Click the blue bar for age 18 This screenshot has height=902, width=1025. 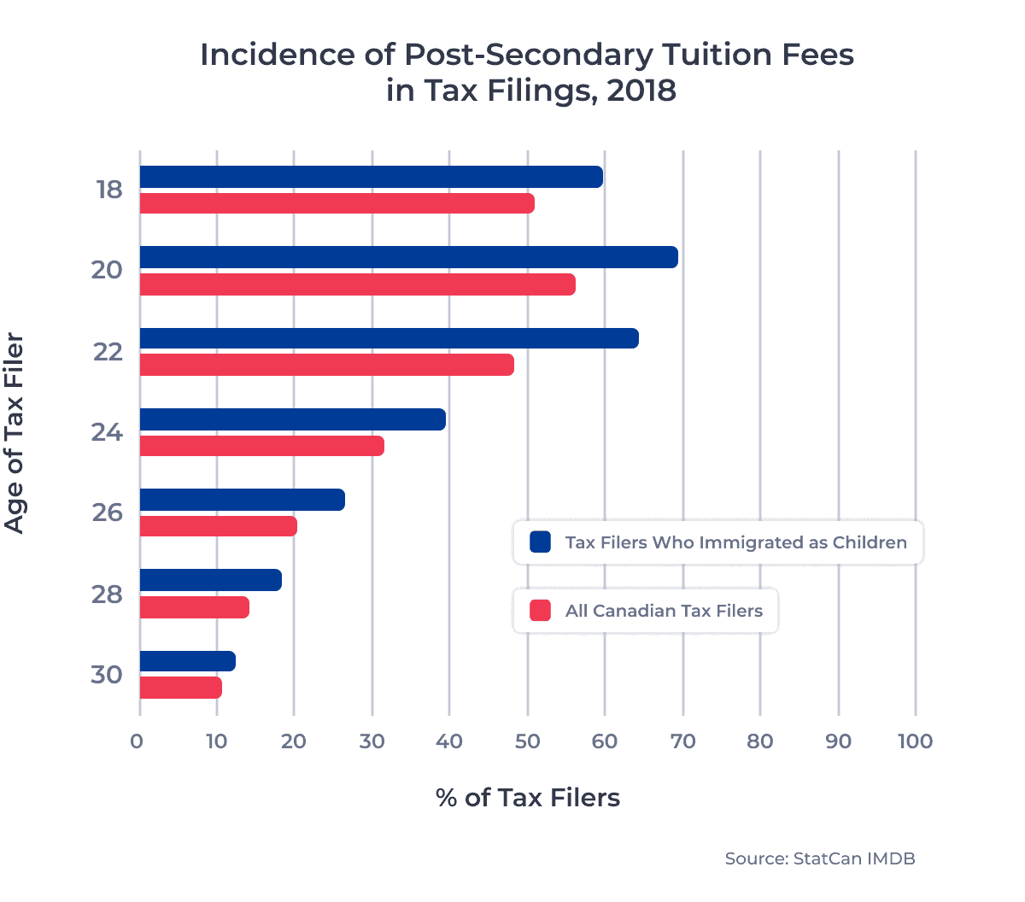[x=371, y=177]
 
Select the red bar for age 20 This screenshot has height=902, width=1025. [x=357, y=284]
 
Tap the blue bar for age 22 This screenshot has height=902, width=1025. [x=389, y=338]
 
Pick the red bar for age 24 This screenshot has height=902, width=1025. [x=261, y=446]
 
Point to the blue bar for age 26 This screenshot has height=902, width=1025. [x=242, y=500]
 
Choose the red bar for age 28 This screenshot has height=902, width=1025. [x=194, y=607]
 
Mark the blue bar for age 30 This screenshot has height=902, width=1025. [x=187, y=661]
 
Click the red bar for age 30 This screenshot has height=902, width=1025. [x=180, y=688]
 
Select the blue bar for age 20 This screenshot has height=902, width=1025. [x=408, y=257]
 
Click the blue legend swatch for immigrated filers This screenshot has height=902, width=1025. [x=540, y=542]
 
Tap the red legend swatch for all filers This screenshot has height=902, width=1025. [x=540, y=611]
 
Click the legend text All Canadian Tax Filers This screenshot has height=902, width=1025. [x=664, y=611]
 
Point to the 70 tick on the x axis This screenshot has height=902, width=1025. [x=682, y=741]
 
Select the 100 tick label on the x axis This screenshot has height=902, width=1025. [x=915, y=741]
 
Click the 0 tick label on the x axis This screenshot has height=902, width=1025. [x=138, y=741]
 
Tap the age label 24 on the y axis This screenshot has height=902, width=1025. [x=108, y=433]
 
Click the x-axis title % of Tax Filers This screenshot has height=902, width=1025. [x=527, y=798]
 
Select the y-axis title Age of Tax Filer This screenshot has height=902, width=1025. [x=15, y=434]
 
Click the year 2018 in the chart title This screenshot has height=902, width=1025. [x=641, y=91]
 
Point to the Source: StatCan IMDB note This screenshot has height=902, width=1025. [x=819, y=858]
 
